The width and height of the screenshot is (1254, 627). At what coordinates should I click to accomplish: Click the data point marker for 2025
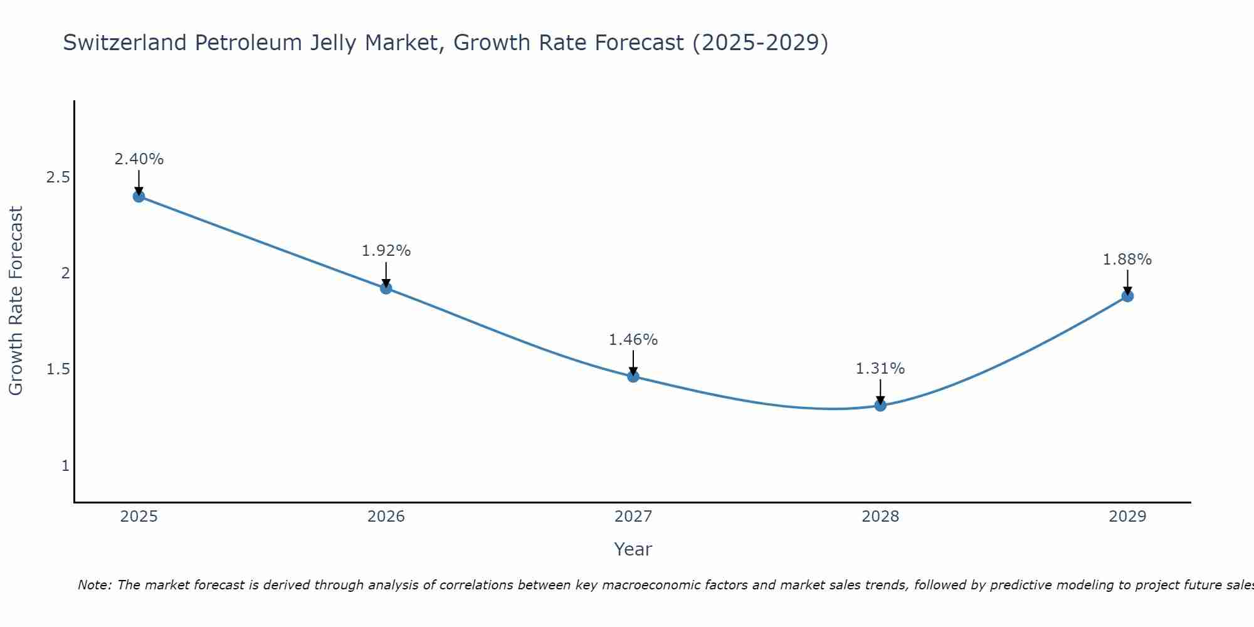[x=139, y=196]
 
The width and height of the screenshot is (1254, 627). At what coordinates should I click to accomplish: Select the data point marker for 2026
[x=386, y=288]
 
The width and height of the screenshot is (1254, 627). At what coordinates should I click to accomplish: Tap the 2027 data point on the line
[x=633, y=376]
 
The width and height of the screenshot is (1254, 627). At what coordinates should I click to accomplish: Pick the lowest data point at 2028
[x=880, y=405]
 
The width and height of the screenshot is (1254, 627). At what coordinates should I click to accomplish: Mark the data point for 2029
[x=1127, y=296]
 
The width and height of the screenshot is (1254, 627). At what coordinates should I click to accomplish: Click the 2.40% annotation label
[x=139, y=159]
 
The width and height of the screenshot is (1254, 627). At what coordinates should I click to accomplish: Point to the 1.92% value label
[x=386, y=251]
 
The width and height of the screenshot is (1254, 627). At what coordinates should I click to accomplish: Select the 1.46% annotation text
[x=633, y=340]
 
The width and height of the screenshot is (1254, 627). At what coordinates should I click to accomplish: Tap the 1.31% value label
[x=880, y=369]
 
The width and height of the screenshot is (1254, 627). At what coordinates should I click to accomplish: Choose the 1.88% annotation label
[x=1127, y=260]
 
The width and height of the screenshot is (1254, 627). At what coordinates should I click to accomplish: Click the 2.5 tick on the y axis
[x=58, y=177]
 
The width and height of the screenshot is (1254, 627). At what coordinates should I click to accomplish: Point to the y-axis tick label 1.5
[x=58, y=369]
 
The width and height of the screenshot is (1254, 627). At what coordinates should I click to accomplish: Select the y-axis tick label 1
[x=65, y=466]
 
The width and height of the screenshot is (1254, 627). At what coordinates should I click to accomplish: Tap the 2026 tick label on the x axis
[x=386, y=517]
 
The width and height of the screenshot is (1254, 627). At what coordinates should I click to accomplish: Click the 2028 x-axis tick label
[x=880, y=517]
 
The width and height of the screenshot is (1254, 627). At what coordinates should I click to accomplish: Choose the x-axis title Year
[x=633, y=549]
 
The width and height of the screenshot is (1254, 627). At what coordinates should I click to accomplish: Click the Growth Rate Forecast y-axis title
[x=16, y=301]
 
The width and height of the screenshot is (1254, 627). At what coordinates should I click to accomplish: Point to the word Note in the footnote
[x=93, y=585]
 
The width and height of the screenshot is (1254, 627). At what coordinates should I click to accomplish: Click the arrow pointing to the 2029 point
[x=1127, y=282]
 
